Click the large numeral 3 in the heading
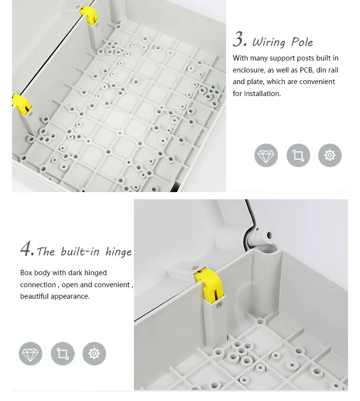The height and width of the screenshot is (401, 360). [x=239, y=39]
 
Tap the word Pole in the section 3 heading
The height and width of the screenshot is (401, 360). [x=302, y=42]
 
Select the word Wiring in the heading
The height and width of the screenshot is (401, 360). [x=269, y=42]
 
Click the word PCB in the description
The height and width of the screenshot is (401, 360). [x=307, y=70]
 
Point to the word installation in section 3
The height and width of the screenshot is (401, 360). [x=262, y=94]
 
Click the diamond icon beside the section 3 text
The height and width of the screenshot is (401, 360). [x=266, y=155]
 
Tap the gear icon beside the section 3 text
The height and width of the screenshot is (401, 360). [x=330, y=155]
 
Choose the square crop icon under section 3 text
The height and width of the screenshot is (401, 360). [x=298, y=155]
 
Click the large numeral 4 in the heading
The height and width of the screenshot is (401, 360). [x=26, y=248]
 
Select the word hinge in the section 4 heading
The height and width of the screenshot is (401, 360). [x=119, y=252]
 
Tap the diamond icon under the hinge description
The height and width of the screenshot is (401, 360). [x=30, y=353]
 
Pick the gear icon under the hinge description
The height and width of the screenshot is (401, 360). [x=95, y=353]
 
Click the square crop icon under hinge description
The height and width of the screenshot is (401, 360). [x=63, y=353]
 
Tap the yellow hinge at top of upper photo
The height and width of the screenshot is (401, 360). [x=89, y=15]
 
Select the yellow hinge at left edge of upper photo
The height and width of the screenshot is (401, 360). [x=22, y=105]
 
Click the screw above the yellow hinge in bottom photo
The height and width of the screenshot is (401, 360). [x=195, y=268]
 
